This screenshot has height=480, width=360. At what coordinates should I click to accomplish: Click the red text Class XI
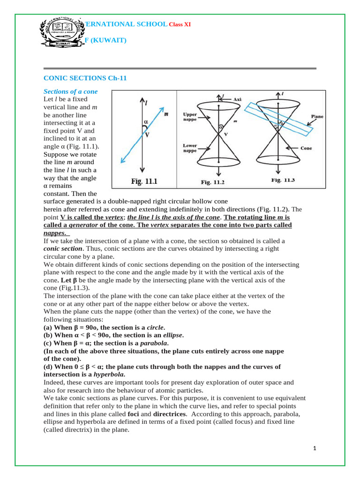(x=180, y=24)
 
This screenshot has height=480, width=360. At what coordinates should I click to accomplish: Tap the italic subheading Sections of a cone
(x=71, y=91)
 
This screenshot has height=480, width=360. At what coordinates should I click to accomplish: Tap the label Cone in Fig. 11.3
(x=306, y=148)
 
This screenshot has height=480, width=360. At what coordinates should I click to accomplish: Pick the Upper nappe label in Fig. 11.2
(x=190, y=117)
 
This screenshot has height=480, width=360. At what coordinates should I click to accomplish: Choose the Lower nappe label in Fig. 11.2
(x=190, y=149)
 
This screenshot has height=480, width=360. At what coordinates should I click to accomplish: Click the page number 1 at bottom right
(x=315, y=449)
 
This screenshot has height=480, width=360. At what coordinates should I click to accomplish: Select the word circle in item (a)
(x=156, y=327)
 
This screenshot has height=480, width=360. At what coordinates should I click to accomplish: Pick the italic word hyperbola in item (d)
(x=109, y=375)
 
